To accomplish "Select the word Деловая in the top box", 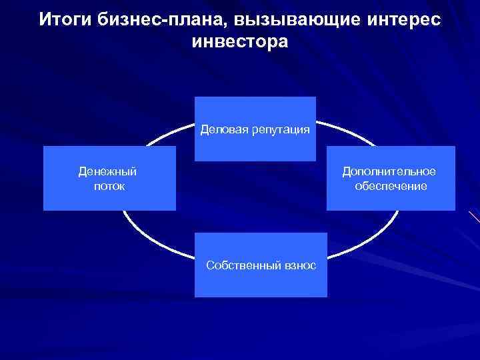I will (x=223, y=129).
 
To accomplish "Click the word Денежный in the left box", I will (x=107, y=172).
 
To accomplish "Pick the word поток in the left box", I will (x=109, y=186).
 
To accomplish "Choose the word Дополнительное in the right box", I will (x=389, y=172).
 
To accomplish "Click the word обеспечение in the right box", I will (x=391, y=186).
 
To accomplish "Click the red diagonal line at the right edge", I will (x=474, y=217).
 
